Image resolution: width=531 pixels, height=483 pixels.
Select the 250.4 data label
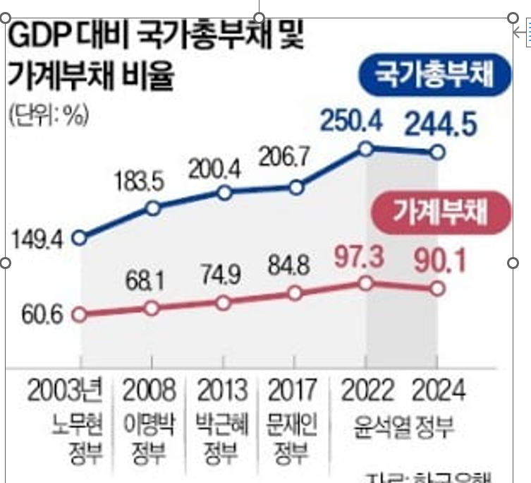[x=351, y=121]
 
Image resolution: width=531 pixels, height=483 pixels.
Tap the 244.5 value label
[x=441, y=125]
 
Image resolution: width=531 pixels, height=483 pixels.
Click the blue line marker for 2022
[x=365, y=148]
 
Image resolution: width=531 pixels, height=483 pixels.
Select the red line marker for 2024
[x=437, y=288]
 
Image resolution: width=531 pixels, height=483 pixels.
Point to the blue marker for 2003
[x=80, y=238]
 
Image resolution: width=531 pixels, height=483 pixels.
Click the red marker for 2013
[x=224, y=302]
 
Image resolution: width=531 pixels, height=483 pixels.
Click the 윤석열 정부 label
[x=401, y=427]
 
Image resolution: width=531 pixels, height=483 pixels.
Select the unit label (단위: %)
[x=47, y=116]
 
